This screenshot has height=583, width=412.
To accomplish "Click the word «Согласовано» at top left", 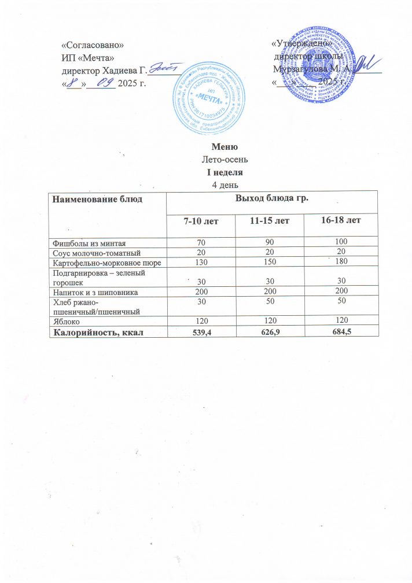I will pyautogui.click(x=93, y=44).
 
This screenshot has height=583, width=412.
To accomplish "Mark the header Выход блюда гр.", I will pyautogui.click(x=271, y=200).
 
